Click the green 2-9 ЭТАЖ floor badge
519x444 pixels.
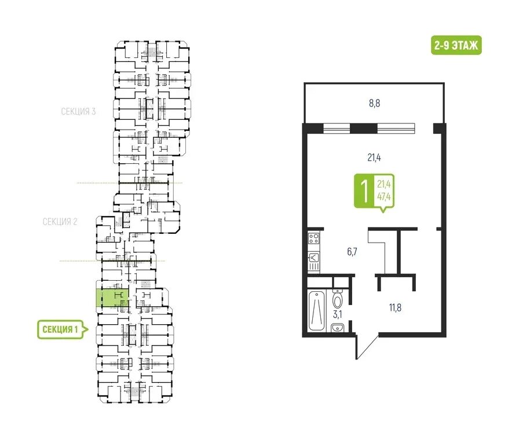click(456, 45)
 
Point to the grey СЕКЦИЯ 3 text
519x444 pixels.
click(78, 111)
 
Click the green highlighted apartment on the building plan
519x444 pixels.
click(113, 297)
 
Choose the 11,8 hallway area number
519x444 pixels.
click(395, 307)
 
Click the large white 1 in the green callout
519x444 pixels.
click(364, 191)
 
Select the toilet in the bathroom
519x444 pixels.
click(338, 299)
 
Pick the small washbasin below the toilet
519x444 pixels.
click(338, 328)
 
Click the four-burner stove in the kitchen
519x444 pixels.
click(313, 238)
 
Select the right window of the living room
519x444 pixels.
click(396, 127)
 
